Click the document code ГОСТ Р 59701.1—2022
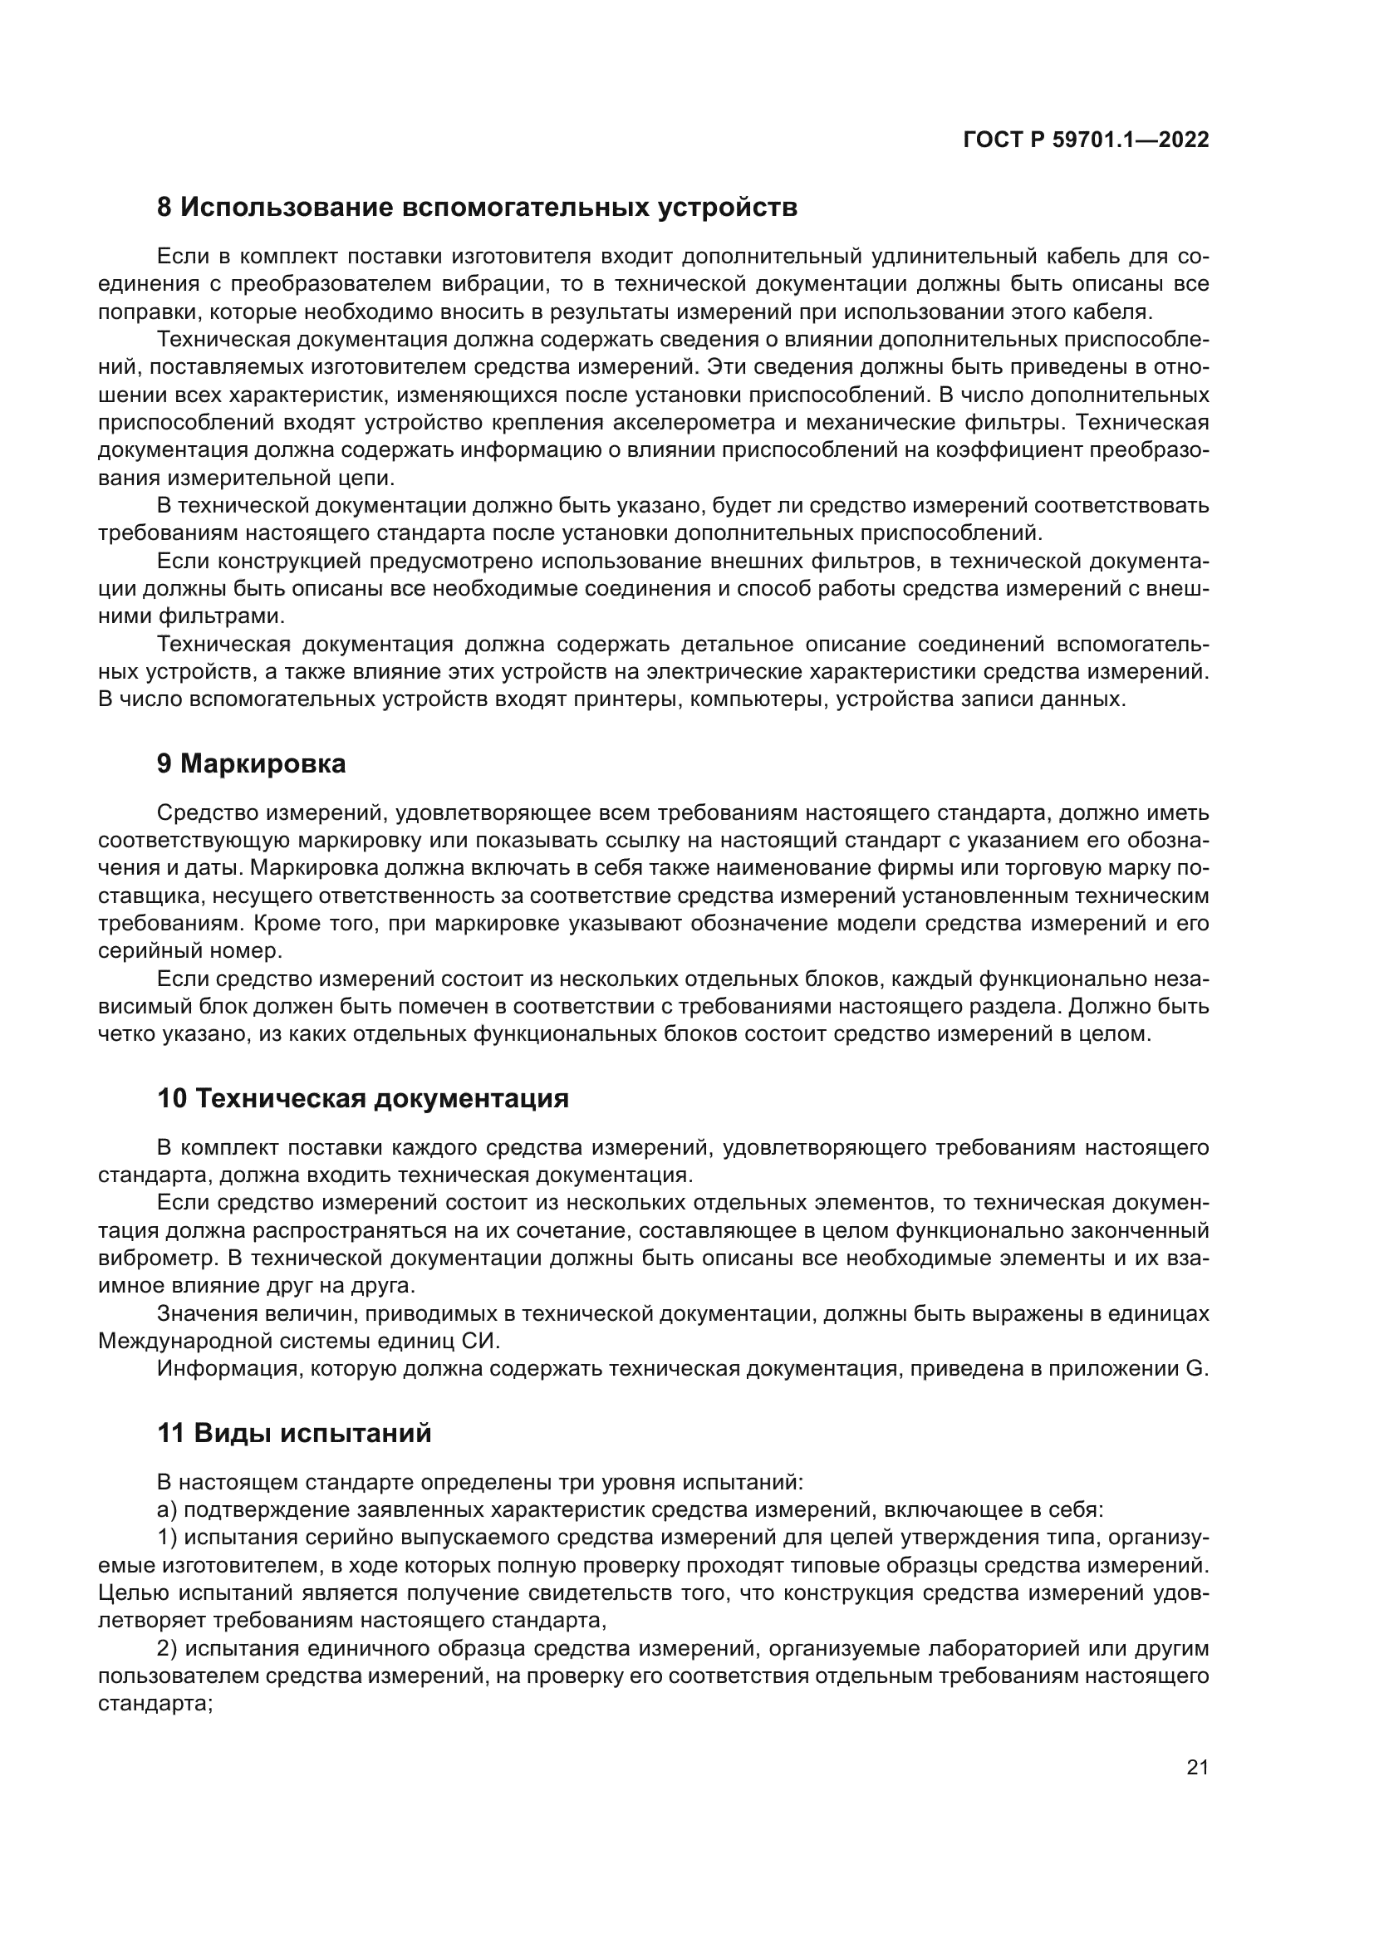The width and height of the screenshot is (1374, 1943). point(1086,140)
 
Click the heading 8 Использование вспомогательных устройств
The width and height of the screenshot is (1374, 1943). point(477,208)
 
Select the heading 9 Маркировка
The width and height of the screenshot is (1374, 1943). point(251,764)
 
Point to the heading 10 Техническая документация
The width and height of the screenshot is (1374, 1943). point(363,1098)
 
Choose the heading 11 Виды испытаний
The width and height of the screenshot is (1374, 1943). point(294,1433)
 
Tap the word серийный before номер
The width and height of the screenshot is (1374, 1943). point(147,950)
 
